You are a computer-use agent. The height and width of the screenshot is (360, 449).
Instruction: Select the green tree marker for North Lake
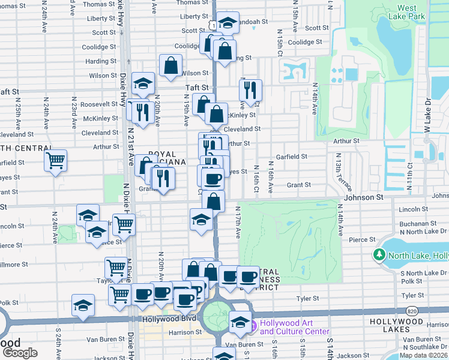(379, 256)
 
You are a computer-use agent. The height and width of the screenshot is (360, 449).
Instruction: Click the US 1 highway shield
(212, 23)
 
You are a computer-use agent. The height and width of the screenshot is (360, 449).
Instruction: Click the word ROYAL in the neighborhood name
(162, 154)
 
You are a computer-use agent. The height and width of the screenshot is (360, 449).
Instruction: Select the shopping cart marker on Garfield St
(55, 160)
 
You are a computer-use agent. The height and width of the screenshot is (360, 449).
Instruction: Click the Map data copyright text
(423, 355)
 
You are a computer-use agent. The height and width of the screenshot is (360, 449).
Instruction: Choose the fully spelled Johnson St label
(363, 197)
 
